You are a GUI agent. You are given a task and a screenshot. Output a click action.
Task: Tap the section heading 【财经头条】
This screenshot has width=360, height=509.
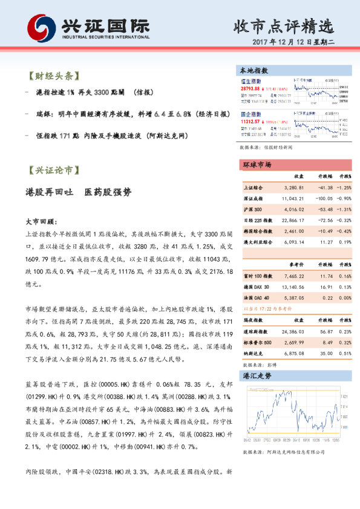pyautogui.click(x=54, y=77)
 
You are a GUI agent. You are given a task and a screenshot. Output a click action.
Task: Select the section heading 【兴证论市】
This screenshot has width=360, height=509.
pyautogui.click(x=54, y=170)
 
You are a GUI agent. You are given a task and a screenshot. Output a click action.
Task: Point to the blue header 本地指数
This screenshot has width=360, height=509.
pyautogui.click(x=255, y=71)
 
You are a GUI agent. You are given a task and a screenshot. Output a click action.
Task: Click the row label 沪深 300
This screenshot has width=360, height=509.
pyautogui.click(x=252, y=209)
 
